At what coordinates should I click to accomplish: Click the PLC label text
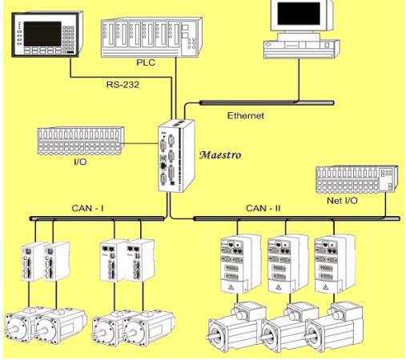pyautogui.click(x=146, y=62)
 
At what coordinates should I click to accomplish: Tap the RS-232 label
pyautogui.click(x=123, y=85)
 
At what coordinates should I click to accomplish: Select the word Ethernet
pyautogui.click(x=246, y=116)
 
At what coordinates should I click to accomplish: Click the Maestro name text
pyautogui.click(x=220, y=155)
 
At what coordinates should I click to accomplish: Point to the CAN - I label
pyautogui.click(x=87, y=208)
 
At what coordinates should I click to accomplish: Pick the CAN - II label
pyautogui.click(x=263, y=208)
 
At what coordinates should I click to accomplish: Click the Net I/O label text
pyautogui.click(x=342, y=201)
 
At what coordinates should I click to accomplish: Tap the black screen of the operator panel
pyautogui.click(x=42, y=34)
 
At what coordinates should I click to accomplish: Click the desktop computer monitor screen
pyautogui.click(x=299, y=14)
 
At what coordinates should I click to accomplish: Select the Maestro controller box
pyautogui.click(x=176, y=155)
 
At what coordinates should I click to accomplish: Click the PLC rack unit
pyautogui.click(x=151, y=38)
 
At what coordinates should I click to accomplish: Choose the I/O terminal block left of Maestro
pyautogui.click(x=81, y=141)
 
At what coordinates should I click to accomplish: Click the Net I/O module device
pyautogui.click(x=357, y=179)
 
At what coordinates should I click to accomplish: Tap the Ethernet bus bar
pyautogui.click(x=267, y=102)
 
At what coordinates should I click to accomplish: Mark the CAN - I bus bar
pyautogui.click(x=97, y=218)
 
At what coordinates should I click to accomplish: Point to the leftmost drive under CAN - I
pyautogui.click(x=33, y=262)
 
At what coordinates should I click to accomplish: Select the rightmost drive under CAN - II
pyautogui.click(x=335, y=264)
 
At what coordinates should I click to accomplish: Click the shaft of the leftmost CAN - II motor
pyautogui.click(x=213, y=336)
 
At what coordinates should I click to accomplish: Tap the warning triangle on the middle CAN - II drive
pyautogui.click(x=279, y=287)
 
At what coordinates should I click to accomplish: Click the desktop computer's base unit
pyautogui.click(x=302, y=49)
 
